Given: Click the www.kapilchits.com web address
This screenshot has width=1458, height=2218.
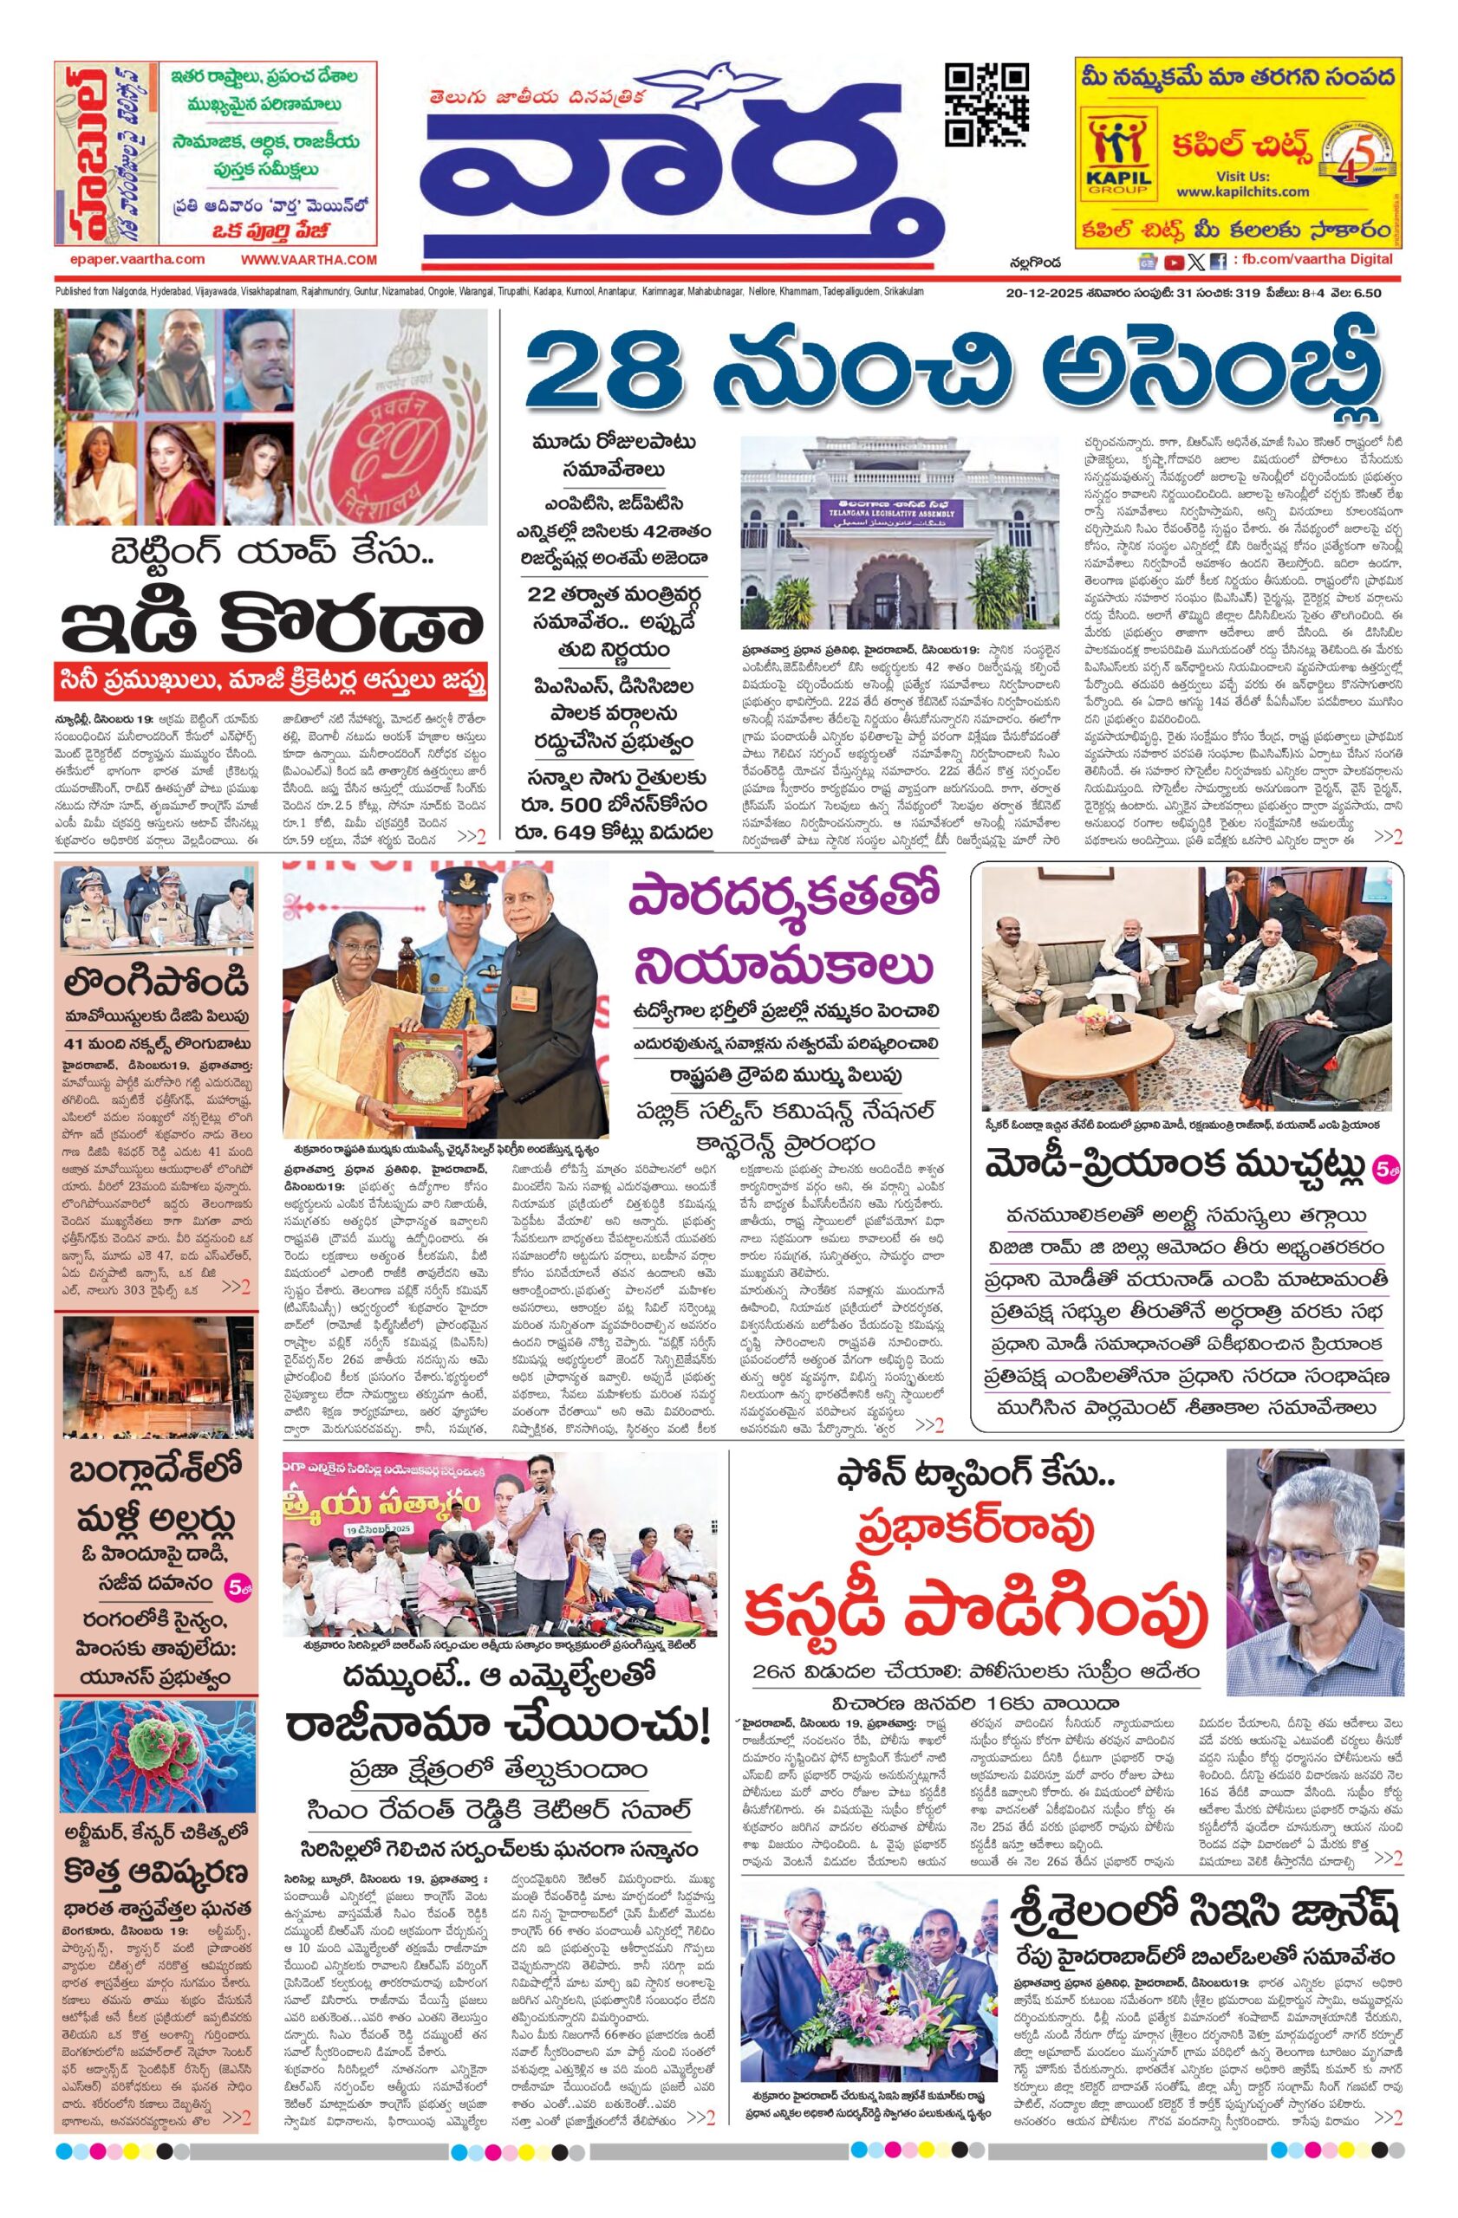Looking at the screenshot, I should [x=1233, y=191].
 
